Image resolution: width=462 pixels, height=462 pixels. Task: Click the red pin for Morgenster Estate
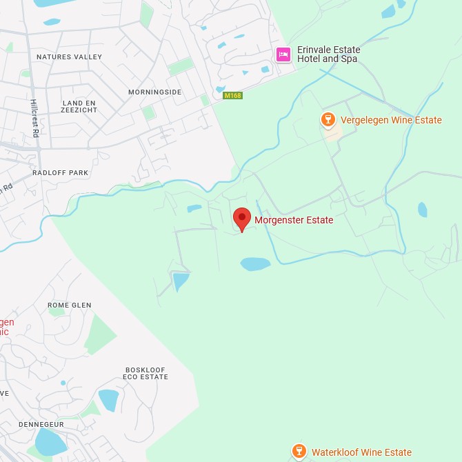pos(241,219)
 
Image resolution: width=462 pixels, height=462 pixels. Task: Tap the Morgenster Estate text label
pos(294,221)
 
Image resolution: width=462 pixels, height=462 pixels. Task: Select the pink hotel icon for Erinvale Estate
pos(283,54)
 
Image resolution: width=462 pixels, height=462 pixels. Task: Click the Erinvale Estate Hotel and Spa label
pos(328,54)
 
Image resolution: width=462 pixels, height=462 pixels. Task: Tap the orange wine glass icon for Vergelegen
pos(328,120)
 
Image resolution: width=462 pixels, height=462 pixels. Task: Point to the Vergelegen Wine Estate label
pos(391,120)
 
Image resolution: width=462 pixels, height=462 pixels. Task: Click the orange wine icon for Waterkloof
pos(299,452)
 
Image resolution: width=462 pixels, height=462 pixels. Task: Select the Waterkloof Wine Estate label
pos(361,452)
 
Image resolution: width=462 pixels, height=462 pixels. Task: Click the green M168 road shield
pos(233,95)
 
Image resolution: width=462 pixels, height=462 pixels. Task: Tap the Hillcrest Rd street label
pos(34,118)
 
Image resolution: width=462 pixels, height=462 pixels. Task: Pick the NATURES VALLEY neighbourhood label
pos(69,57)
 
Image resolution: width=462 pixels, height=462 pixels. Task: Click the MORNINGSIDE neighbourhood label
pos(154,92)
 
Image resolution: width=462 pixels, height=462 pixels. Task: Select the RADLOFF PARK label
pos(60,172)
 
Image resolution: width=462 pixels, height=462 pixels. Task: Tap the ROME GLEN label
pos(69,305)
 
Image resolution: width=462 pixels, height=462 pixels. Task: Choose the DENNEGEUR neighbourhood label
pos(41,425)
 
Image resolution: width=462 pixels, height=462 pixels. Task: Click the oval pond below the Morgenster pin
pos(255,264)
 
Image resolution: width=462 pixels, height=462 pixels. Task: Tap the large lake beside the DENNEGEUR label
pos(50,442)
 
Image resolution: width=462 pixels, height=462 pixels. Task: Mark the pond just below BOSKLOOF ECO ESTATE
pos(109,400)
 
